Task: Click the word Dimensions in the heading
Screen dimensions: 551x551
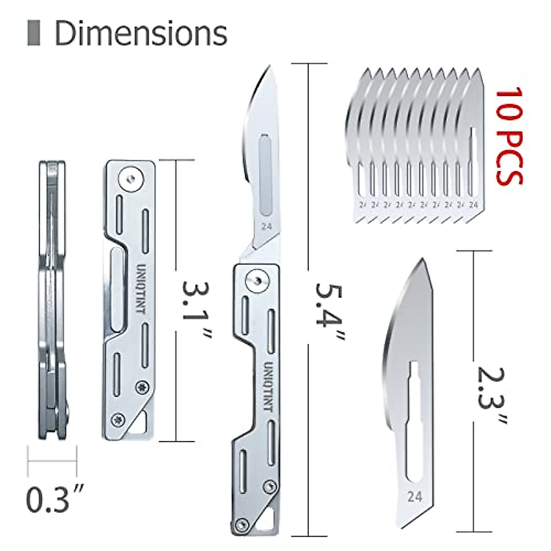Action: pyautogui.click(x=141, y=33)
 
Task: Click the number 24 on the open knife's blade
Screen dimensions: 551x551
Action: pyautogui.click(x=266, y=226)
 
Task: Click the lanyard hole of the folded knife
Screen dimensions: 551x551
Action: pyautogui.click(x=144, y=422)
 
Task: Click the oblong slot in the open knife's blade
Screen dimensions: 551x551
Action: pyautogui.click(x=265, y=174)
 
